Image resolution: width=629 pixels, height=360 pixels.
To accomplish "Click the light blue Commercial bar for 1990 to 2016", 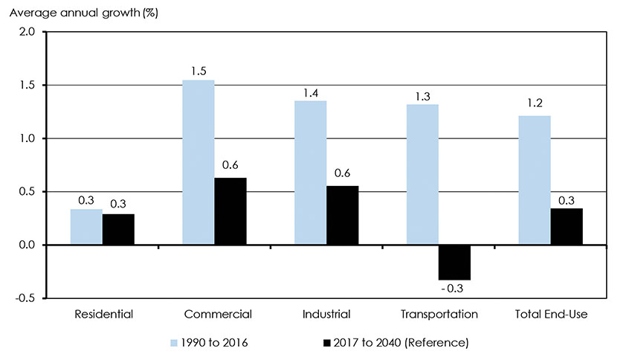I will [x=198, y=162].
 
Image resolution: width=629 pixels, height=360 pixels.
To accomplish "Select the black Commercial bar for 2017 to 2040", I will [x=230, y=211].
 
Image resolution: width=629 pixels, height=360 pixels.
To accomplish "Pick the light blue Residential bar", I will [x=86, y=227].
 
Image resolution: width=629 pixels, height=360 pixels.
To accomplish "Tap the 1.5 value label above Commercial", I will [x=198, y=72].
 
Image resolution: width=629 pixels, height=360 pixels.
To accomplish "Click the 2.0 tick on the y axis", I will [x=26, y=32].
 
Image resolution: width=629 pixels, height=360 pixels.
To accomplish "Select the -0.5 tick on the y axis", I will [x=25, y=298].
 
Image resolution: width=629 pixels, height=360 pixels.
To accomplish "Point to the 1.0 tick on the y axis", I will [x=26, y=138].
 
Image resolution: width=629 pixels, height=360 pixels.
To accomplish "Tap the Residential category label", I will [x=103, y=315].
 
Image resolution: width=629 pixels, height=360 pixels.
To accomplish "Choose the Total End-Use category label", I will [x=551, y=315].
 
